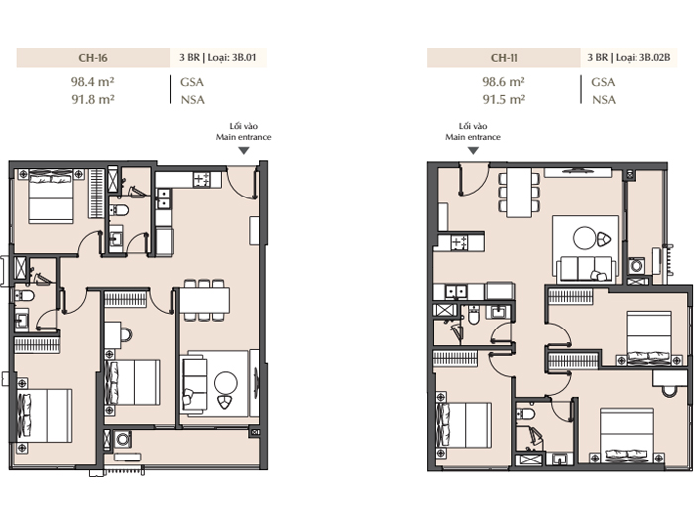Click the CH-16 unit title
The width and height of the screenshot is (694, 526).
tap(93, 58)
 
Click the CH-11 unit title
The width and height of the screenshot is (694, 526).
tap(504, 58)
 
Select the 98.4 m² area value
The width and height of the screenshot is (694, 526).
tap(93, 82)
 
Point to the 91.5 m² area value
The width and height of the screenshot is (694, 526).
tap(504, 99)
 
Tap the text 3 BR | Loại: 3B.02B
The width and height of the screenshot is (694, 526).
tap(629, 57)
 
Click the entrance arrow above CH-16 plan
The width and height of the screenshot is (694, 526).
tap(244, 151)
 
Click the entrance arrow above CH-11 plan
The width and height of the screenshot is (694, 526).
tap(473, 151)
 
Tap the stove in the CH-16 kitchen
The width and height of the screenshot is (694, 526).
tap(202, 180)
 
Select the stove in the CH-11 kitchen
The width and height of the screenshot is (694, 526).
tap(459, 242)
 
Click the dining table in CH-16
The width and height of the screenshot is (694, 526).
tap(204, 300)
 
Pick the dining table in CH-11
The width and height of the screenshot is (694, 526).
tap(519, 193)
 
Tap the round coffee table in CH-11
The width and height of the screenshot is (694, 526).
tap(585, 238)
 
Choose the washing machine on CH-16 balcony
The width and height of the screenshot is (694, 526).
tap(123, 439)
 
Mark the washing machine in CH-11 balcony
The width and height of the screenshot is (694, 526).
tap(636, 266)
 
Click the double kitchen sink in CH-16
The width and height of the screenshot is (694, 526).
tap(164, 198)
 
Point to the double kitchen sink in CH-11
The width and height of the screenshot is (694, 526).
tap(456, 292)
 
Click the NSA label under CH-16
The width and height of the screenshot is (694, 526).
tap(193, 99)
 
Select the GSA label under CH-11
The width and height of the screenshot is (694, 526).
tap(603, 82)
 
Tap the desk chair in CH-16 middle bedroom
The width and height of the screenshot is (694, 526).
tap(126, 335)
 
